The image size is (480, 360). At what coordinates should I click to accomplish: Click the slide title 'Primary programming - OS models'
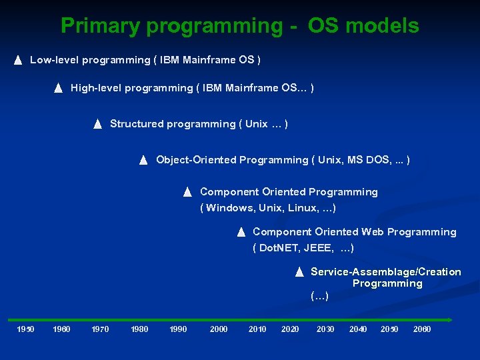(x=240, y=26)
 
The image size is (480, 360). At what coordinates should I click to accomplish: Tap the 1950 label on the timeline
(x=25, y=329)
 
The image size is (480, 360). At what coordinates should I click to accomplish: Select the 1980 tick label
(x=139, y=329)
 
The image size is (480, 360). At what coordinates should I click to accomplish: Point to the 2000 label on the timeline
(x=219, y=329)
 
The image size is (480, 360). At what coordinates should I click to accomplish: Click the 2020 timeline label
(x=290, y=329)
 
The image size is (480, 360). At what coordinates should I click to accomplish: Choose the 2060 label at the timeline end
(x=422, y=329)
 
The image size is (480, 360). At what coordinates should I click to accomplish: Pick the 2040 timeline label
(x=358, y=329)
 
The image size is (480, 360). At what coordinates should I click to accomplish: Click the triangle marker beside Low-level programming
(x=18, y=61)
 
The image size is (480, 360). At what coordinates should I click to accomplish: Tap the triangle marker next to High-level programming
(x=58, y=88)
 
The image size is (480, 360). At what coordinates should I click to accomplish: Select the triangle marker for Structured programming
(x=97, y=124)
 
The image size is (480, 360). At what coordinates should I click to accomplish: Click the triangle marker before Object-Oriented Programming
(x=143, y=160)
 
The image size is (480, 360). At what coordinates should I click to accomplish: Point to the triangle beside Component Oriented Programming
(x=187, y=192)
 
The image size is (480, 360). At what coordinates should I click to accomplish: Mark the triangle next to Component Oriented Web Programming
(x=241, y=232)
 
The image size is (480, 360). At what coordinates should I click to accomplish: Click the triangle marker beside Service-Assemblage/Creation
(x=299, y=272)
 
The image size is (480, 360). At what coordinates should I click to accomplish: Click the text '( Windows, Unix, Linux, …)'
(x=268, y=208)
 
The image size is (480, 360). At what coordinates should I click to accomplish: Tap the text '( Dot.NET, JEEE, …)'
(x=303, y=248)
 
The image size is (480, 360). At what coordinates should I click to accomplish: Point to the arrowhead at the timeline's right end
(x=450, y=319)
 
